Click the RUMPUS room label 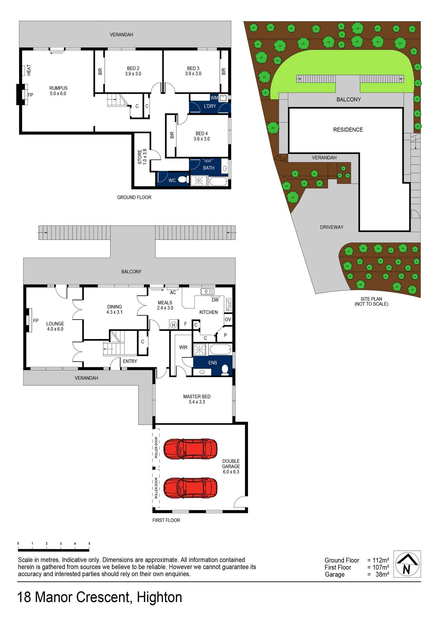(58, 88)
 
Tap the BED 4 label (202, 134)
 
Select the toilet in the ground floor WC (182, 180)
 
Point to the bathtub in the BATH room (218, 182)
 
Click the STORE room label (140, 157)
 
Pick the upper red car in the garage (190, 449)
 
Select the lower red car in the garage (190, 488)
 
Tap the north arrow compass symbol (407, 564)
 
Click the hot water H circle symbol (174, 325)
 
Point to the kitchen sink (208, 291)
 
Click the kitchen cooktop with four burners (228, 304)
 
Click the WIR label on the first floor (183, 348)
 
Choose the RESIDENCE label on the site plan (348, 130)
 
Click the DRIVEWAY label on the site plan (332, 227)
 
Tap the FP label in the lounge (36, 321)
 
